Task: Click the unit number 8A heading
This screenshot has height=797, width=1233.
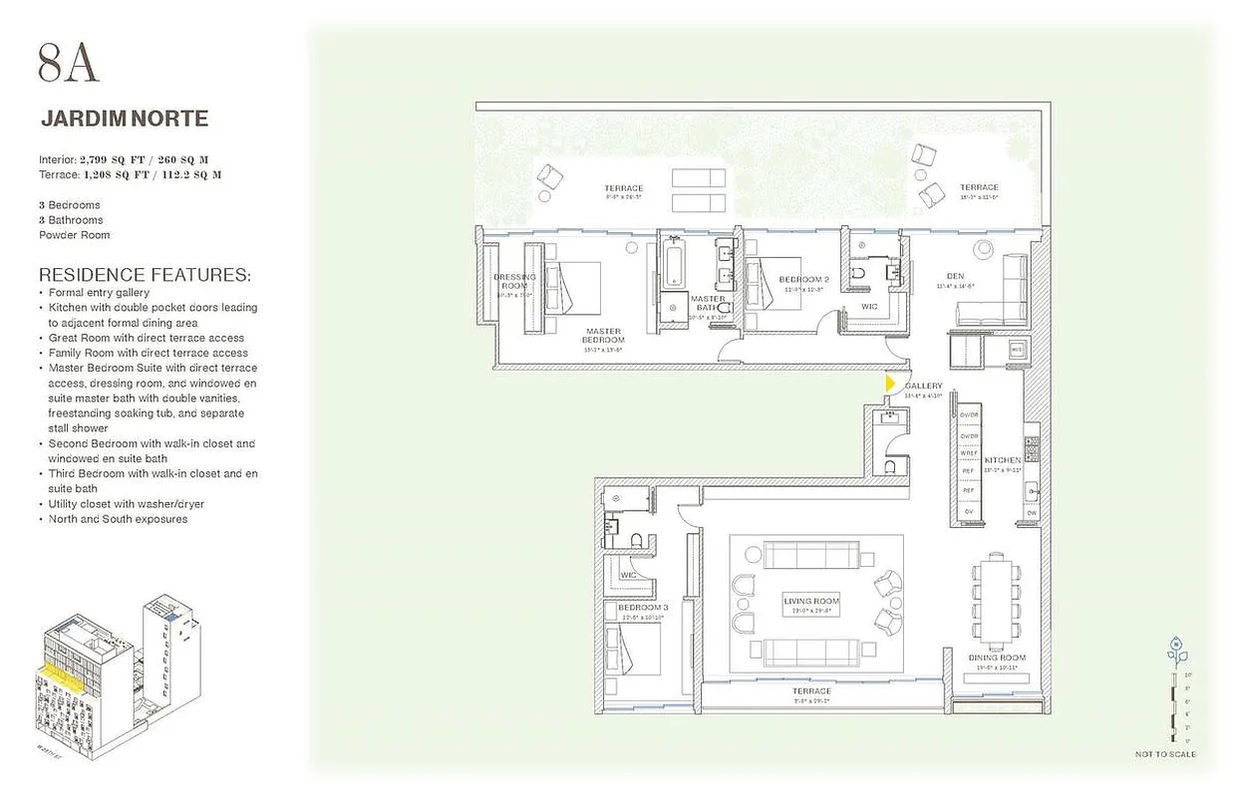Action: click(69, 63)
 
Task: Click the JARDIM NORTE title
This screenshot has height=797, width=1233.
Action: click(125, 119)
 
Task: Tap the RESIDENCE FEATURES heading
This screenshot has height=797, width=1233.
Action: click(145, 274)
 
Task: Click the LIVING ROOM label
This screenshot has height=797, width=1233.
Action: click(811, 602)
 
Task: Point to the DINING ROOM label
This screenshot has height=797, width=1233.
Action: click(997, 658)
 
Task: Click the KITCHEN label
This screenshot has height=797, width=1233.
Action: click(1002, 460)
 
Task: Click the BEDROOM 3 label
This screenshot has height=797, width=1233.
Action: click(642, 608)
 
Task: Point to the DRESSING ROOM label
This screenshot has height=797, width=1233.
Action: click(514, 282)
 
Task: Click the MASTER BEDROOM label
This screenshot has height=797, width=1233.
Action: click(603, 336)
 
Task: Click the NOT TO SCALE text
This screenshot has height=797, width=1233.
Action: click(1165, 754)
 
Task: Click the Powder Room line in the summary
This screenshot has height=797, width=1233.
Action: click(75, 235)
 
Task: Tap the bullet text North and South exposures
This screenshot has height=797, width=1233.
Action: click(118, 519)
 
